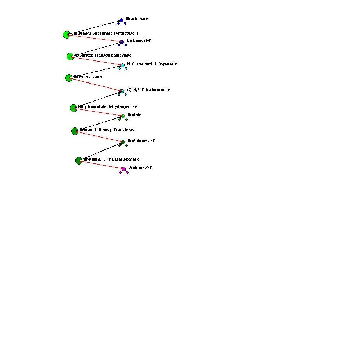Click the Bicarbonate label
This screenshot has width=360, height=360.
pyautogui.click(x=137, y=19)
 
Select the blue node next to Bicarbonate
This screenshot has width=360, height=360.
pyautogui.click(x=121, y=21)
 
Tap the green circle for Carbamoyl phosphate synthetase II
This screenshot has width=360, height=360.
pyautogui.click(x=67, y=35)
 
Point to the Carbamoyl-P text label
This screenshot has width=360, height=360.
pyautogui.click(x=139, y=40)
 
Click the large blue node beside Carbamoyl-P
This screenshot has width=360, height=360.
pyautogui.click(x=122, y=42)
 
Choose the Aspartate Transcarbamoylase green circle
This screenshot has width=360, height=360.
pyautogui.click(x=70, y=57)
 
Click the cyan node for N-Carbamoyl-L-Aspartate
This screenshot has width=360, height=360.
pyautogui.click(x=123, y=66)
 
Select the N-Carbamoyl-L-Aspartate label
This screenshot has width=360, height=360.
pyautogui.click(x=152, y=64)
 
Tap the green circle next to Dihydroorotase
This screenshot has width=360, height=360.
pyautogui.click(x=69, y=78)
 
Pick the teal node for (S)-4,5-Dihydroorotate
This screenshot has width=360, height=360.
pyautogui.click(x=122, y=91)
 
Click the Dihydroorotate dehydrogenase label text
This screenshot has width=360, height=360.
pyautogui.click(x=107, y=107)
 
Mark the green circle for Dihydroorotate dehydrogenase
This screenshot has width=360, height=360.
pyautogui.click(x=73, y=108)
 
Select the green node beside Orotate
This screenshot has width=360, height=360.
pyautogui.click(x=123, y=116)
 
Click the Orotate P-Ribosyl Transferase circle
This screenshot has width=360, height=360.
pyautogui.click(x=75, y=131)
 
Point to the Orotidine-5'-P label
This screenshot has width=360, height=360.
pyautogui.click(x=141, y=140)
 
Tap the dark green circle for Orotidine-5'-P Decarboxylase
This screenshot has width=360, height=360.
pyautogui.click(x=79, y=161)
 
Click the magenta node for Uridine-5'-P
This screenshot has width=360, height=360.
pyautogui.click(x=123, y=169)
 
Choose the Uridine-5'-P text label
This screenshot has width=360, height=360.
pyautogui.click(x=140, y=168)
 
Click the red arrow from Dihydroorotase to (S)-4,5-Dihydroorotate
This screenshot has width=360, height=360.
pyautogui.click(x=95, y=85)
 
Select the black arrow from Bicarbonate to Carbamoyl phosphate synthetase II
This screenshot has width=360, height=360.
pyautogui.click(x=94, y=28)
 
